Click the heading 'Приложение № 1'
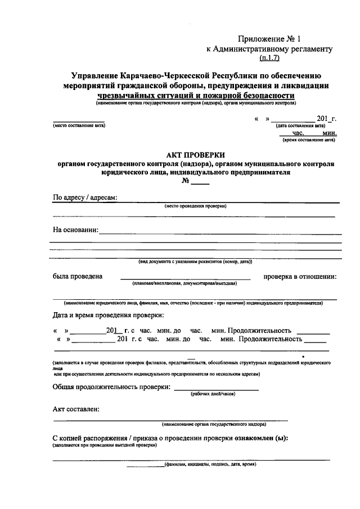pyautogui.click(x=270, y=39)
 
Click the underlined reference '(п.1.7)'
pyautogui.click(x=271, y=57)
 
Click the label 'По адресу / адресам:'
pyautogui.click(x=85, y=198)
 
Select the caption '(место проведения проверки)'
pyautogui.click(x=196, y=206)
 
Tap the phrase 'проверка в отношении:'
pyautogui.click(x=300, y=276)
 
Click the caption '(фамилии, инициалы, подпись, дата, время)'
pyautogui.click(x=210, y=465)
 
